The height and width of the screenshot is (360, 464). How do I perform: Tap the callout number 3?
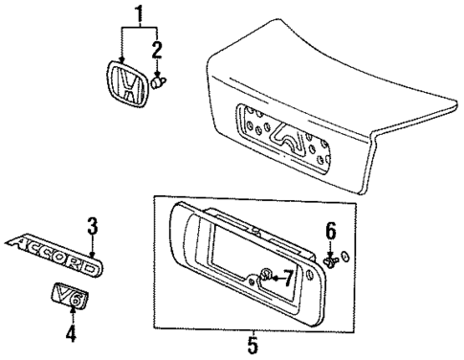pos(93,226)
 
